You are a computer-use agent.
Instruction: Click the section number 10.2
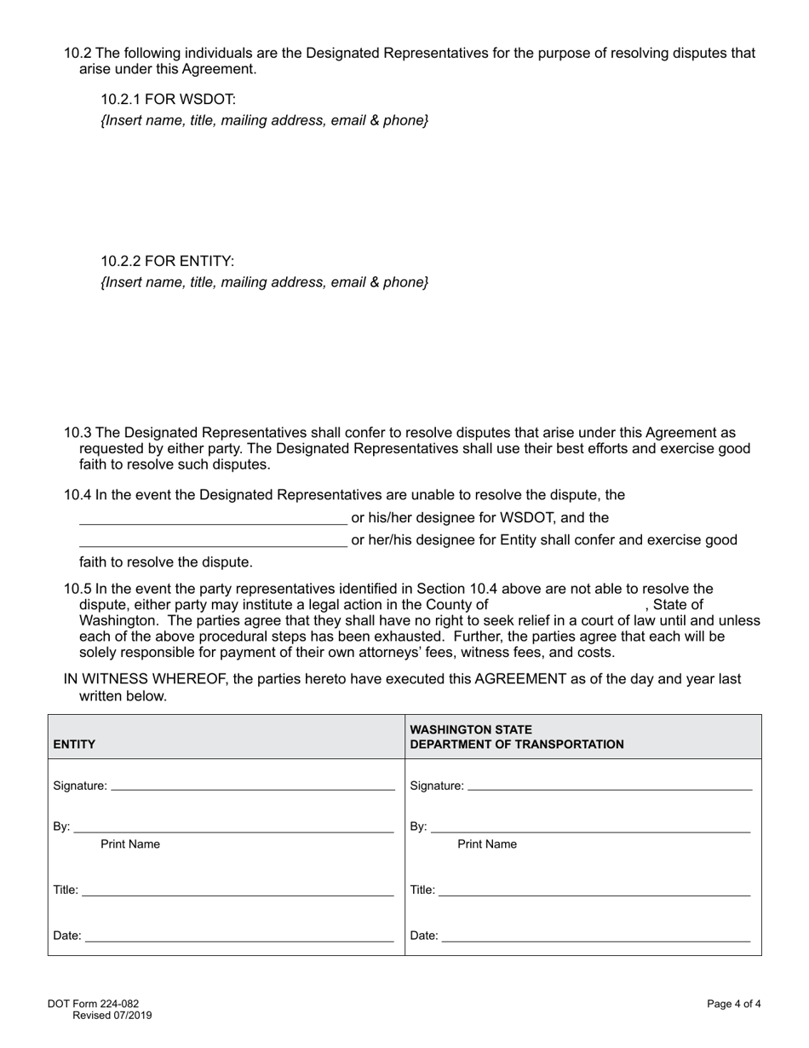tap(77, 53)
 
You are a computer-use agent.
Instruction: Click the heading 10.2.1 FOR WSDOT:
tap(162, 99)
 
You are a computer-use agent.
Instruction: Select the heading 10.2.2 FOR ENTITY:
tap(167, 261)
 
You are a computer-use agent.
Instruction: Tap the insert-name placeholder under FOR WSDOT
tap(264, 120)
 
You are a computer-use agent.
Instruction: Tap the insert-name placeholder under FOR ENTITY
tap(264, 282)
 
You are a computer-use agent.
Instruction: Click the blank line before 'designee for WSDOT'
tap(213, 517)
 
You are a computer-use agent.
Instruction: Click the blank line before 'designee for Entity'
tap(213, 539)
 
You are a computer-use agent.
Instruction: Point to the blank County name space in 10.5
tap(566, 605)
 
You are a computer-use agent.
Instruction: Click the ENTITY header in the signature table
tap(74, 744)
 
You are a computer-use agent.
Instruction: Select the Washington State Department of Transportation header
tap(517, 737)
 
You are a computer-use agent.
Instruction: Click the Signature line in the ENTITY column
tap(253, 785)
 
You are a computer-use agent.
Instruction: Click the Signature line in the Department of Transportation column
tap(610, 785)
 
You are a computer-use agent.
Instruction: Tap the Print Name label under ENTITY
tap(130, 844)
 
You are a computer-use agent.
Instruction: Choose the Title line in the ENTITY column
tap(238, 890)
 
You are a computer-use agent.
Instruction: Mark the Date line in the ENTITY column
tap(239, 936)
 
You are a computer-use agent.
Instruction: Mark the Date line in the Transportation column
tap(596, 936)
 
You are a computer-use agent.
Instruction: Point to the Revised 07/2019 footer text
tap(112, 1015)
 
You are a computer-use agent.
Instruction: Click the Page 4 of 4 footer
tap(733, 1004)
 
